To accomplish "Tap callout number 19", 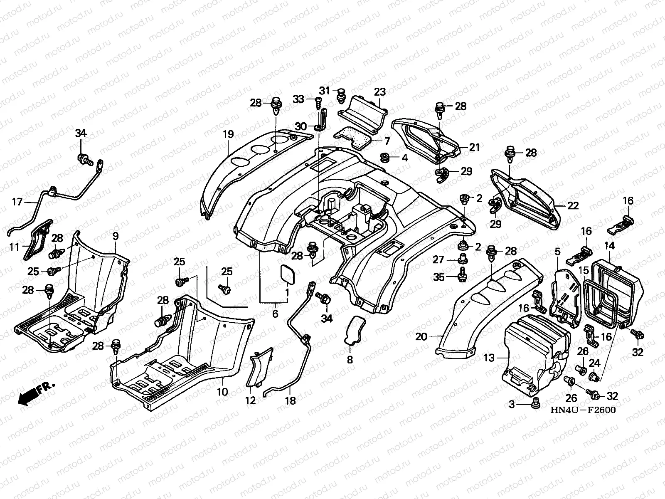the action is [x=229, y=134].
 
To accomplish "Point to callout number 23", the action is [x=380, y=92].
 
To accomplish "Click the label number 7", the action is [x=387, y=141].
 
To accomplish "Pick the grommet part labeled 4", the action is [x=384, y=158].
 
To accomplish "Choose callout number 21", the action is [x=475, y=147].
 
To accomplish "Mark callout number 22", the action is [x=573, y=206].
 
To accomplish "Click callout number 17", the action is [x=17, y=202].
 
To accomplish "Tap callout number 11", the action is [x=14, y=247].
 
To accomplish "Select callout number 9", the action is [x=116, y=236].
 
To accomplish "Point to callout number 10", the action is [x=222, y=392].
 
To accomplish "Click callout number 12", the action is [x=250, y=400].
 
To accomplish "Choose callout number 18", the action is [x=290, y=401].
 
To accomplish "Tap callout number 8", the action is [x=350, y=360].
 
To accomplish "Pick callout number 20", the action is [x=421, y=336].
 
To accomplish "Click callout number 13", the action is [x=489, y=358].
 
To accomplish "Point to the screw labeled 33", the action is [x=318, y=103].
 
